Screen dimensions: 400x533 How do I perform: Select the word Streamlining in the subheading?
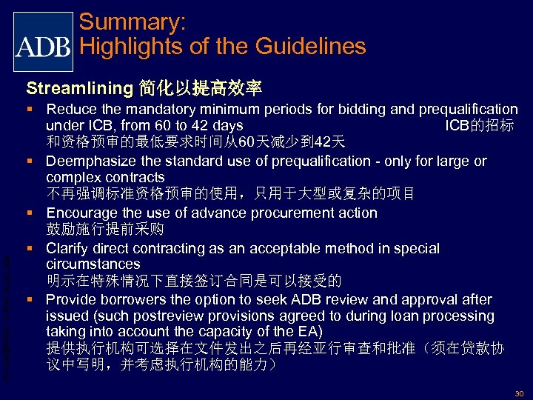[78, 89]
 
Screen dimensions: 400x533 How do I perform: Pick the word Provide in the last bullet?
[70, 299]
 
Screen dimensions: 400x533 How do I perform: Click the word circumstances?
[93, 264]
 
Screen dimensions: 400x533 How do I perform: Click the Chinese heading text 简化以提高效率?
[200, 89]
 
